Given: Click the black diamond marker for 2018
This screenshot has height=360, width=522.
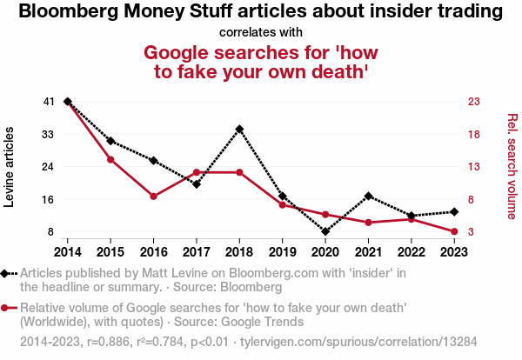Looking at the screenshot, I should pos(239,129).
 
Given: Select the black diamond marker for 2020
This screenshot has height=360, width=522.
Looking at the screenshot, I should pos(325,232).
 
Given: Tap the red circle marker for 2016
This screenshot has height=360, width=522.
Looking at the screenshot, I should pos(153,197).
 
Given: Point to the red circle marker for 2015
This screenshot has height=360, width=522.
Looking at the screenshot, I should pos(110,159).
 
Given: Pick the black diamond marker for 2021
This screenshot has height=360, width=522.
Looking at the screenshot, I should pos(369,196).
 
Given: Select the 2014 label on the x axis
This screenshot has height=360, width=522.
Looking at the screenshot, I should pos(67,252).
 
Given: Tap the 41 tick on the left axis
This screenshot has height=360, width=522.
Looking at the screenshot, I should pos(48,102).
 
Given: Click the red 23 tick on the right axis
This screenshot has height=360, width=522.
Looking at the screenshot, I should pos(473,102).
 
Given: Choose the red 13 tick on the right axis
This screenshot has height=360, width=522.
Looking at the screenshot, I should pos(473,167).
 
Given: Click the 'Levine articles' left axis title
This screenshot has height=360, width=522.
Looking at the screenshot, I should pos(10,167).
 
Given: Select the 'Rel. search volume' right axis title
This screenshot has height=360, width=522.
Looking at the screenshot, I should pos(512,167).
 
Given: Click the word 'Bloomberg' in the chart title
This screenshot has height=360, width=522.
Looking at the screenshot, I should pos(66,12).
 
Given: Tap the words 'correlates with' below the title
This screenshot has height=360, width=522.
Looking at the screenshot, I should pos(261,33).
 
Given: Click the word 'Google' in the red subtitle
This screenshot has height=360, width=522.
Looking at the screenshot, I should pos(180,53).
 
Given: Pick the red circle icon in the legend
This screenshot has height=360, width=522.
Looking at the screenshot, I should pos(6,307).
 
